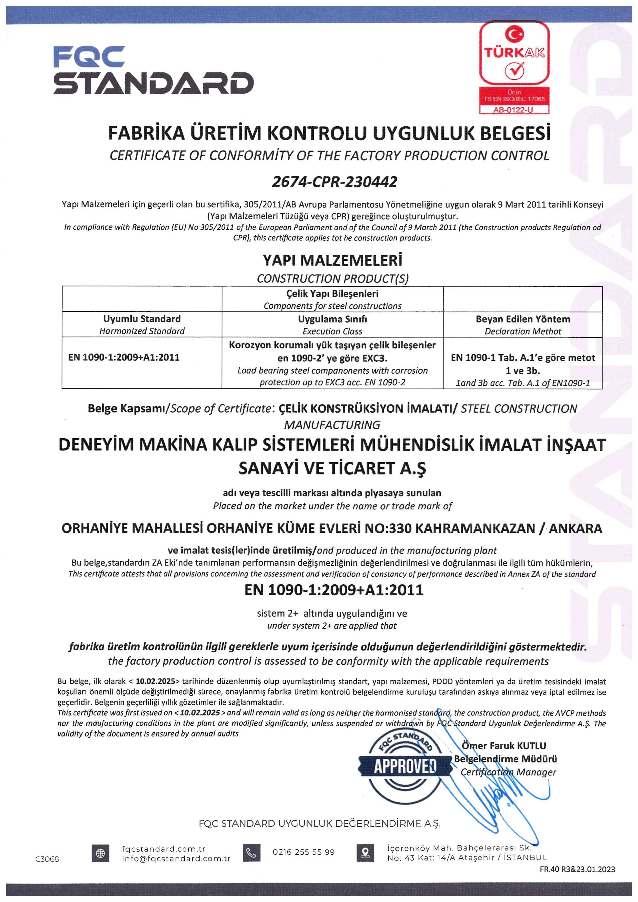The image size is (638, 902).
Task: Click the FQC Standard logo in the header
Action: click(x=153, y=70)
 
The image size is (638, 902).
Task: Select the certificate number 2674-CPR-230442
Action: click(x=334, y=182)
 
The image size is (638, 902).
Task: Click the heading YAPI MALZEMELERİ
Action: click(x=332, y=260)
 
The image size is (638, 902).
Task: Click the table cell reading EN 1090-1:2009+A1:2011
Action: click(x=124, y=357)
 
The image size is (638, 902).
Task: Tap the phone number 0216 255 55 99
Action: click(x=304, y=852)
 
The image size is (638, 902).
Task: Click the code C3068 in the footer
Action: click(x=47, y=859)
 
